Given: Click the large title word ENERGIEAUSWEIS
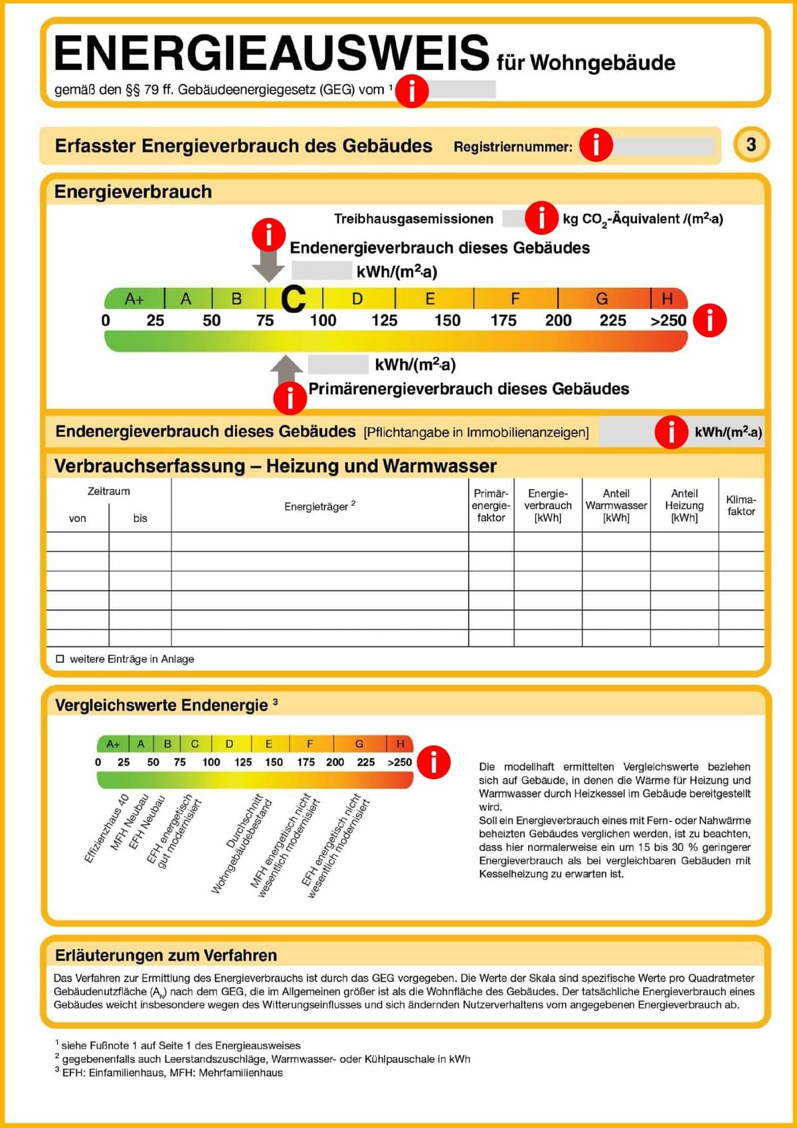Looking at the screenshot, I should point(271,53).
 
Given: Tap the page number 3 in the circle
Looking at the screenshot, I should point(751,144).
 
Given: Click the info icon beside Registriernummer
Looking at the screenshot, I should point(596,144).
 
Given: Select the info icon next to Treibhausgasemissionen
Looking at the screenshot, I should point(541,217).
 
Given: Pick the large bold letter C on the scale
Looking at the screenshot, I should point(293,299).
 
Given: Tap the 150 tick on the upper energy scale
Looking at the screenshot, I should point(447,320).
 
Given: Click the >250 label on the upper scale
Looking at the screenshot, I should point(668,320).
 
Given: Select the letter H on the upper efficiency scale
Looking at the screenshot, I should point(667,298).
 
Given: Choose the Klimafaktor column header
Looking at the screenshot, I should point(741,505).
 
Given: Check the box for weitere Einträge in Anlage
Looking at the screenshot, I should point(60,659).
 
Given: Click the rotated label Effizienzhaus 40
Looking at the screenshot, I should point(106,828).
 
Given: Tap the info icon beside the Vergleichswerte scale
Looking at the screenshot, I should point(434,762).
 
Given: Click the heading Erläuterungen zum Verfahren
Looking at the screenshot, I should point(165,955).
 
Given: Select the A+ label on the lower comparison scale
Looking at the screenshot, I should point(113,744).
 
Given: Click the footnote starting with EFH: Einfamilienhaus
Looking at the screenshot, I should point(172,1073).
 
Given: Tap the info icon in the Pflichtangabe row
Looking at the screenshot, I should point(671,431).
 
